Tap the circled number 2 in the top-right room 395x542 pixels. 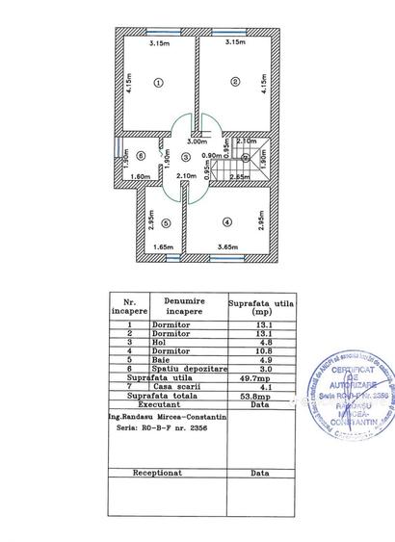tap(234, 82)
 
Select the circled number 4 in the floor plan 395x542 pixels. tap(227, 221)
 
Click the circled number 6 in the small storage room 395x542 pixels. tap(141, 155)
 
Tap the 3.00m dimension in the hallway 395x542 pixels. tap(196, 142)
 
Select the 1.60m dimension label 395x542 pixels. tap(138, 177)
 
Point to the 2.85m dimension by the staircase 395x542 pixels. tap(237, 177)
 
